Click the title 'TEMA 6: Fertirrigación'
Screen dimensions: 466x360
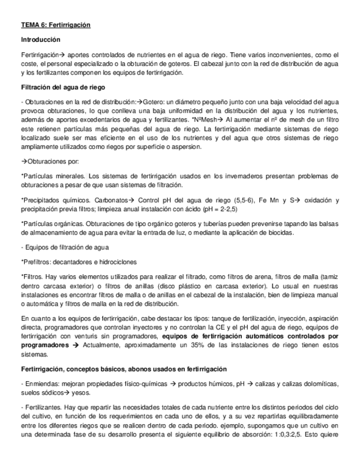(56, 25)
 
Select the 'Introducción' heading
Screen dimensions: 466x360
(40, 40)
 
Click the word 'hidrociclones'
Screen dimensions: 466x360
(117, 262)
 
